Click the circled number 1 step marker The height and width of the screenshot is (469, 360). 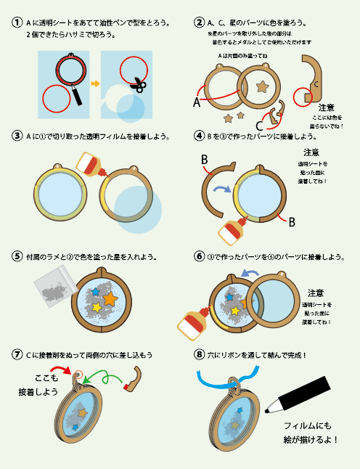coord(16,23)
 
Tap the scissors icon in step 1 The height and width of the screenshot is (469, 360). coord(137,86)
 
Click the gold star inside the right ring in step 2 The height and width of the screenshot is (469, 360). coord(261,87)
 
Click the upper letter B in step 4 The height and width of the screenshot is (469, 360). coord(205,159)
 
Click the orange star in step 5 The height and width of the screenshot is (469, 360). coord(110,298)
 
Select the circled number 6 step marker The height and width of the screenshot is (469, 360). coord(199,257)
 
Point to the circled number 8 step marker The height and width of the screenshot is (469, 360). coord(199,354)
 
